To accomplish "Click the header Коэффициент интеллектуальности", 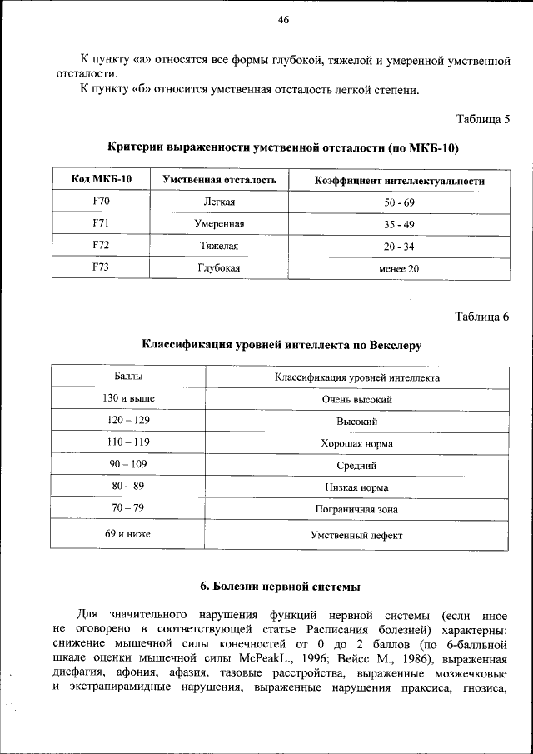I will click(x=399, y=181).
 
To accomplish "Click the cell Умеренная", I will click(x=219, y=225).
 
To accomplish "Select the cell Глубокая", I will click(x=219, y=268).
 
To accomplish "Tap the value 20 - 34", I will click(x=399, y=247).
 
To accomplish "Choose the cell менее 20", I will click(x=399, y=269).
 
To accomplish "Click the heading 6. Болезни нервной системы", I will click(x=280, y=587).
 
